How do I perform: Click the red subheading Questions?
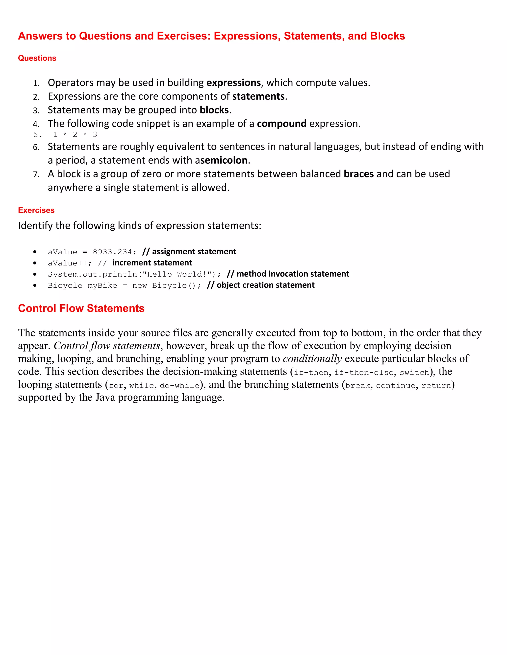point(37,58)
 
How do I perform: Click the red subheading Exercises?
point(36,210)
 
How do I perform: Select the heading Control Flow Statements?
point(81,308)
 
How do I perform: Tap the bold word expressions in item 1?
point(233,83)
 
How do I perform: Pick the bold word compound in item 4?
point(281,124)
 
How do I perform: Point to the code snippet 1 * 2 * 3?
point(75,135)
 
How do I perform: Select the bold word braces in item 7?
point(359,174)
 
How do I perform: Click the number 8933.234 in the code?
point(112,252)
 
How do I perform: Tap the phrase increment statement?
point(152,263)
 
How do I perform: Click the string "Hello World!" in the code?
point(177,274)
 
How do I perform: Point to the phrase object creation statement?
point(266,285)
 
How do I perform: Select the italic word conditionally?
point(312,359)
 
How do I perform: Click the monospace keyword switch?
point(414,372)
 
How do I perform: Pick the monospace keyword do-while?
point(179,385)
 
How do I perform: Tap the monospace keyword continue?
point(396,385)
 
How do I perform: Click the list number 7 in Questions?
point(36,175)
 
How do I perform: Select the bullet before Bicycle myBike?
point(35,285)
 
